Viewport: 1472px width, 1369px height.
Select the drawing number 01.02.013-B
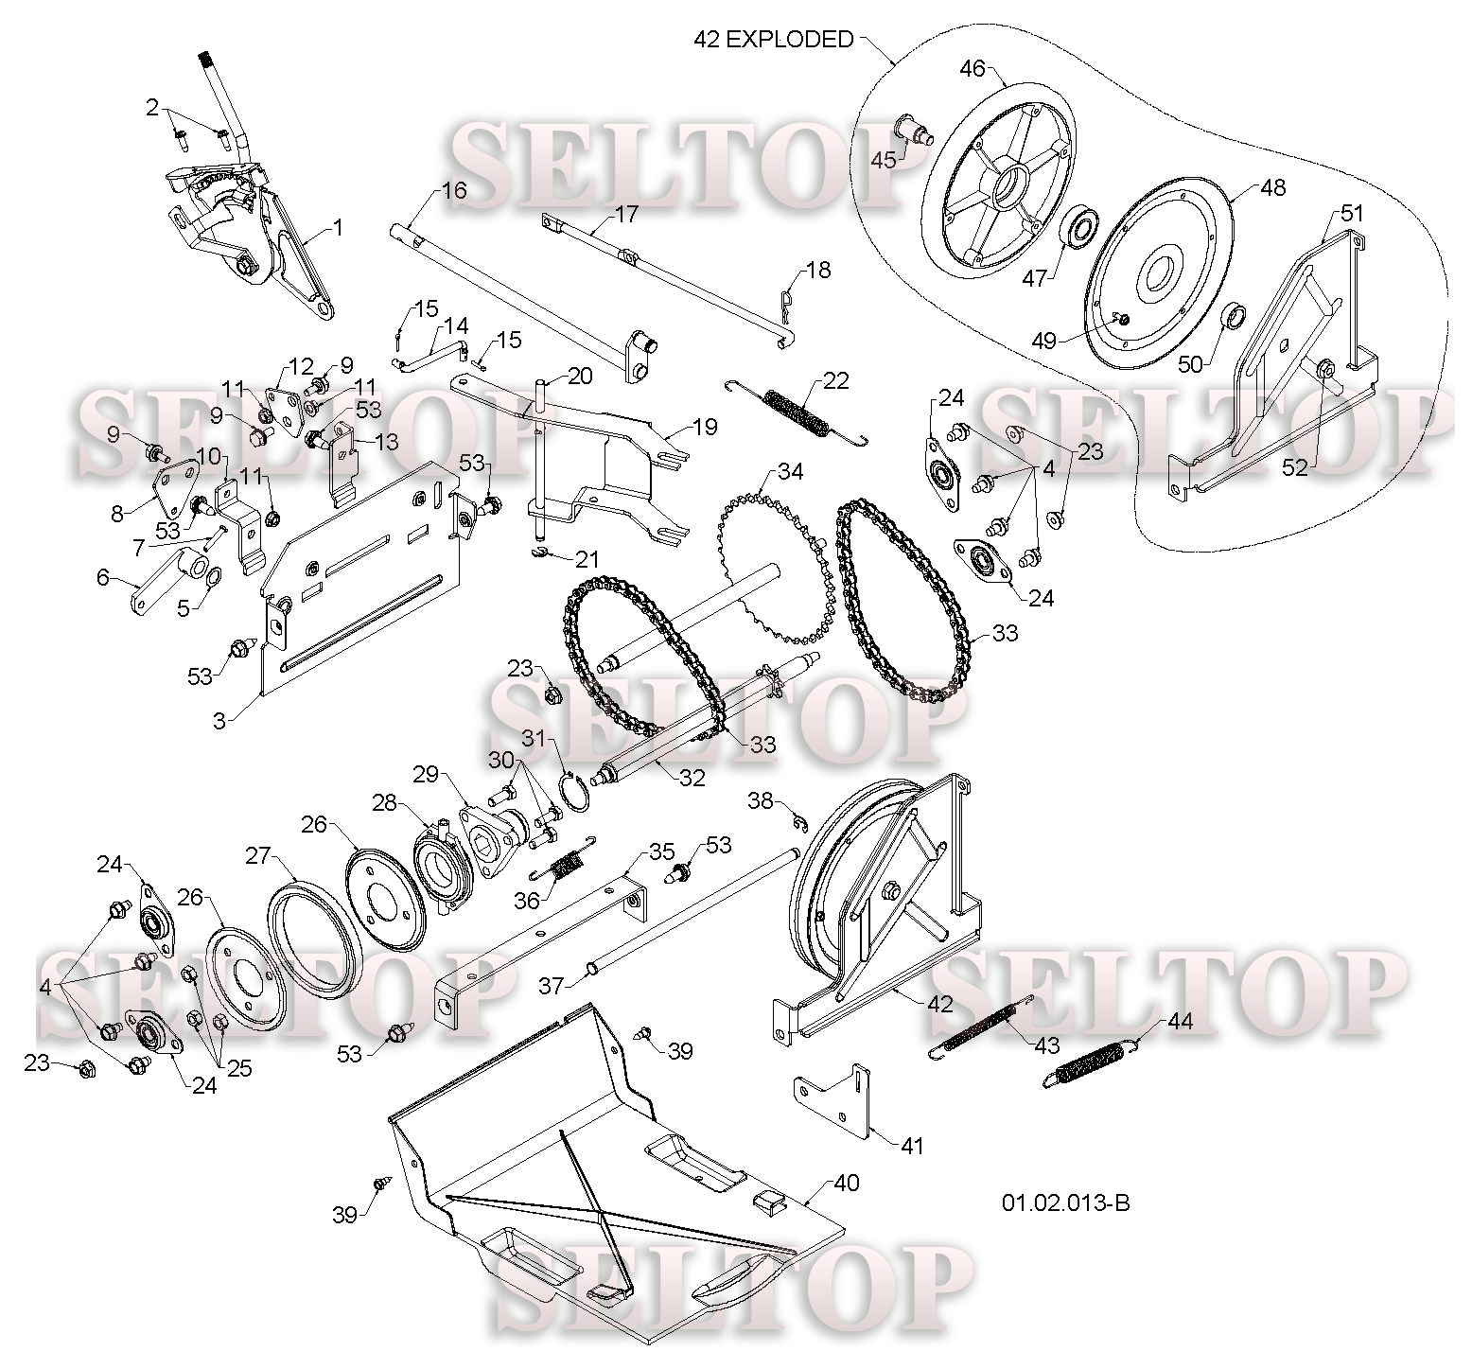point(1065,1202)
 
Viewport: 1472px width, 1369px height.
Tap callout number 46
point(973,68)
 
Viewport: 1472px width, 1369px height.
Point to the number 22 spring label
point(835,380)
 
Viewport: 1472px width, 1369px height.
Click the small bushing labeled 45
point(914,128)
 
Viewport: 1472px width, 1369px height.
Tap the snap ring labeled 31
point(576,791)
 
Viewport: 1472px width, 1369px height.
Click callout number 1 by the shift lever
point(338,228)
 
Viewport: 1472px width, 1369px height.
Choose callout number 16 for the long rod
point(454,190)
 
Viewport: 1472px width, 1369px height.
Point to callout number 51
point(1353,213)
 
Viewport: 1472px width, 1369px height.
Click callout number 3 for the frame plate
point(219,721)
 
